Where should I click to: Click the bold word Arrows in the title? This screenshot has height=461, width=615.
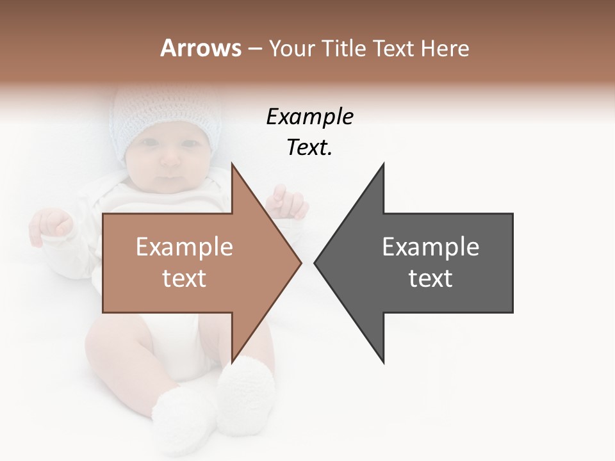pyautogui.click(x=201, y=48)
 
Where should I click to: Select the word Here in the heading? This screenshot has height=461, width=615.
pyautogui.click(x=445, y=48)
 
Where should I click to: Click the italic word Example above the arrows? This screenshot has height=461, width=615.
pyautogui.click(x=309, y=117)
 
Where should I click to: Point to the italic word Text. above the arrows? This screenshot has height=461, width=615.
pyautogui.click(x=309, y=147)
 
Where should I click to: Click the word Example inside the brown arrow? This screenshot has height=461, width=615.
pyautogui.click(x=184, y=247)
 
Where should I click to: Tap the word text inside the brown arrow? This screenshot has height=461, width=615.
pyautogui.click(x=184, y=279)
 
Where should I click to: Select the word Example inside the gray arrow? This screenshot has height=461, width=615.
pyautogui.click(x=430, y=247)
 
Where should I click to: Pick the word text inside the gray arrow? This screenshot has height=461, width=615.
pyautogui.click(x=430, y=279)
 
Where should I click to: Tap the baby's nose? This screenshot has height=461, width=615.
pyautogui.click(x=169, y=160)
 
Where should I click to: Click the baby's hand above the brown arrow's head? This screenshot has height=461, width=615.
pyautogui.click(x=288, y=202)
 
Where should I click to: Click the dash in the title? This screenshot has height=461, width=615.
pyautogui.click(x=254, y=49)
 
